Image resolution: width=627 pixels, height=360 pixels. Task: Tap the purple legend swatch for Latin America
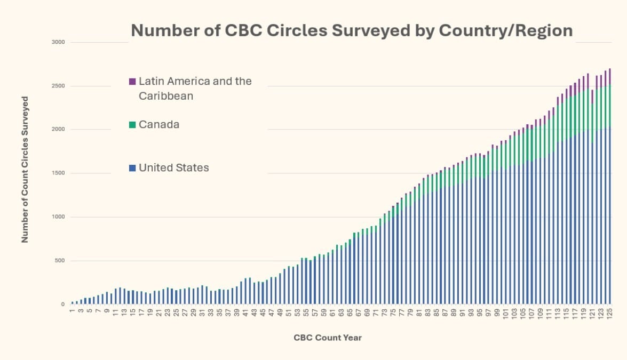(x=132, y=82)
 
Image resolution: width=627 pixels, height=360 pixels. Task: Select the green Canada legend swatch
(x=132, y=125)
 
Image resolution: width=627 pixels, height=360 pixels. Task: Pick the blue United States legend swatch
(x=132, y=168)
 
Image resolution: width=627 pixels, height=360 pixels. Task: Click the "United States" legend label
(x=174, y=168)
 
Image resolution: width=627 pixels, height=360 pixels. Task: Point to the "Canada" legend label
(x=159, y=125)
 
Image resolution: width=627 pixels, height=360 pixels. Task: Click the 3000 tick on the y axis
(x=58, y=42)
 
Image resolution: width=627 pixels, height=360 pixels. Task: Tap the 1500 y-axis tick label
(x=58, y=173)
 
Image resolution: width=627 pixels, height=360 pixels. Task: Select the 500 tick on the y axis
(x=59, y=261)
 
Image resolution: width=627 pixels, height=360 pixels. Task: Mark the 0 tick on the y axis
(x=62, y=305)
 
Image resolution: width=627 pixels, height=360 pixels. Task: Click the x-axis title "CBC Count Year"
(x=328, y=338)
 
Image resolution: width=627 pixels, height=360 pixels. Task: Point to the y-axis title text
(x=25, y=170)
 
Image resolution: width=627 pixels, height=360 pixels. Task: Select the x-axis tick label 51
(x=289, y=314)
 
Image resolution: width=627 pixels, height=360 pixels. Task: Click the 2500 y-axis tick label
(x=58, y=86)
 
